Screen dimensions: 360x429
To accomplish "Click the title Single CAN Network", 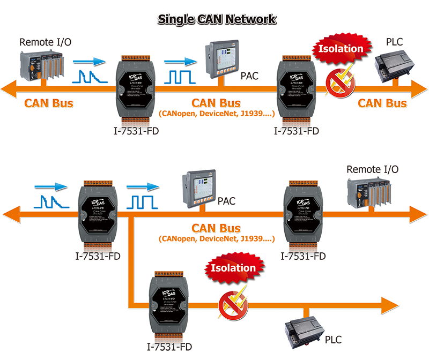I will coord(217,19).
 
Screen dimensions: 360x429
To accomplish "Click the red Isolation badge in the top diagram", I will coord(341,48).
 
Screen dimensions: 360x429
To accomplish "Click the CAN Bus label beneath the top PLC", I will coord(382,102).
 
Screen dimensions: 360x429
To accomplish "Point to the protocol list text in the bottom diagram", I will coord(217,238).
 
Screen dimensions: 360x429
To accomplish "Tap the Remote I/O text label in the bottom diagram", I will coord(372,169).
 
